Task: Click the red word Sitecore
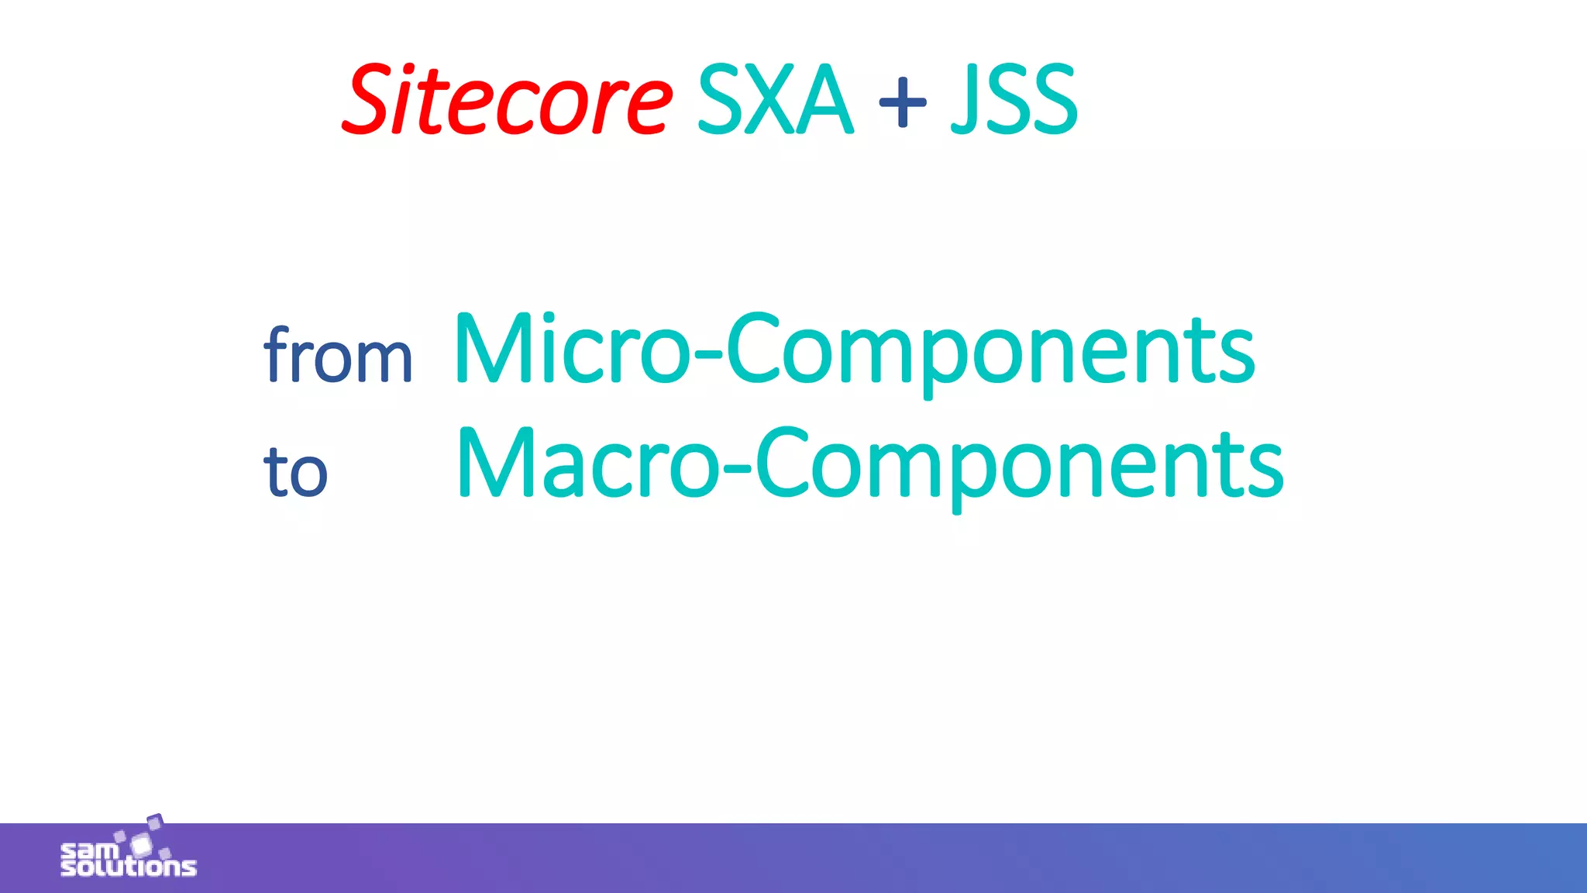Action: click(x=508, y=100)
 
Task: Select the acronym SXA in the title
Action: click(x=775, y=100)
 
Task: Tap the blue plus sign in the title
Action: click(x=903, y=102)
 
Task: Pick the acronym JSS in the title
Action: click(x=1014, y=100)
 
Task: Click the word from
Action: click(x=338, y=356)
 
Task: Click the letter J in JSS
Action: click(x=964, y=100)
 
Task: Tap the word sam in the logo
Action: click(x=90, y=850)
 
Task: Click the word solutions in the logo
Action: click(x=129, y=866)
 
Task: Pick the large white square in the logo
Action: click(x=141, y=844)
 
